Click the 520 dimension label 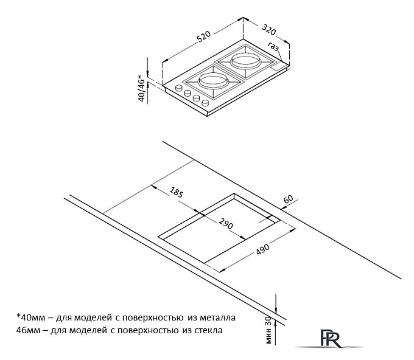tap(204, 40)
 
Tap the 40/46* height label tap(142, 88)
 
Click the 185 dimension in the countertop tap(176, 194)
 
